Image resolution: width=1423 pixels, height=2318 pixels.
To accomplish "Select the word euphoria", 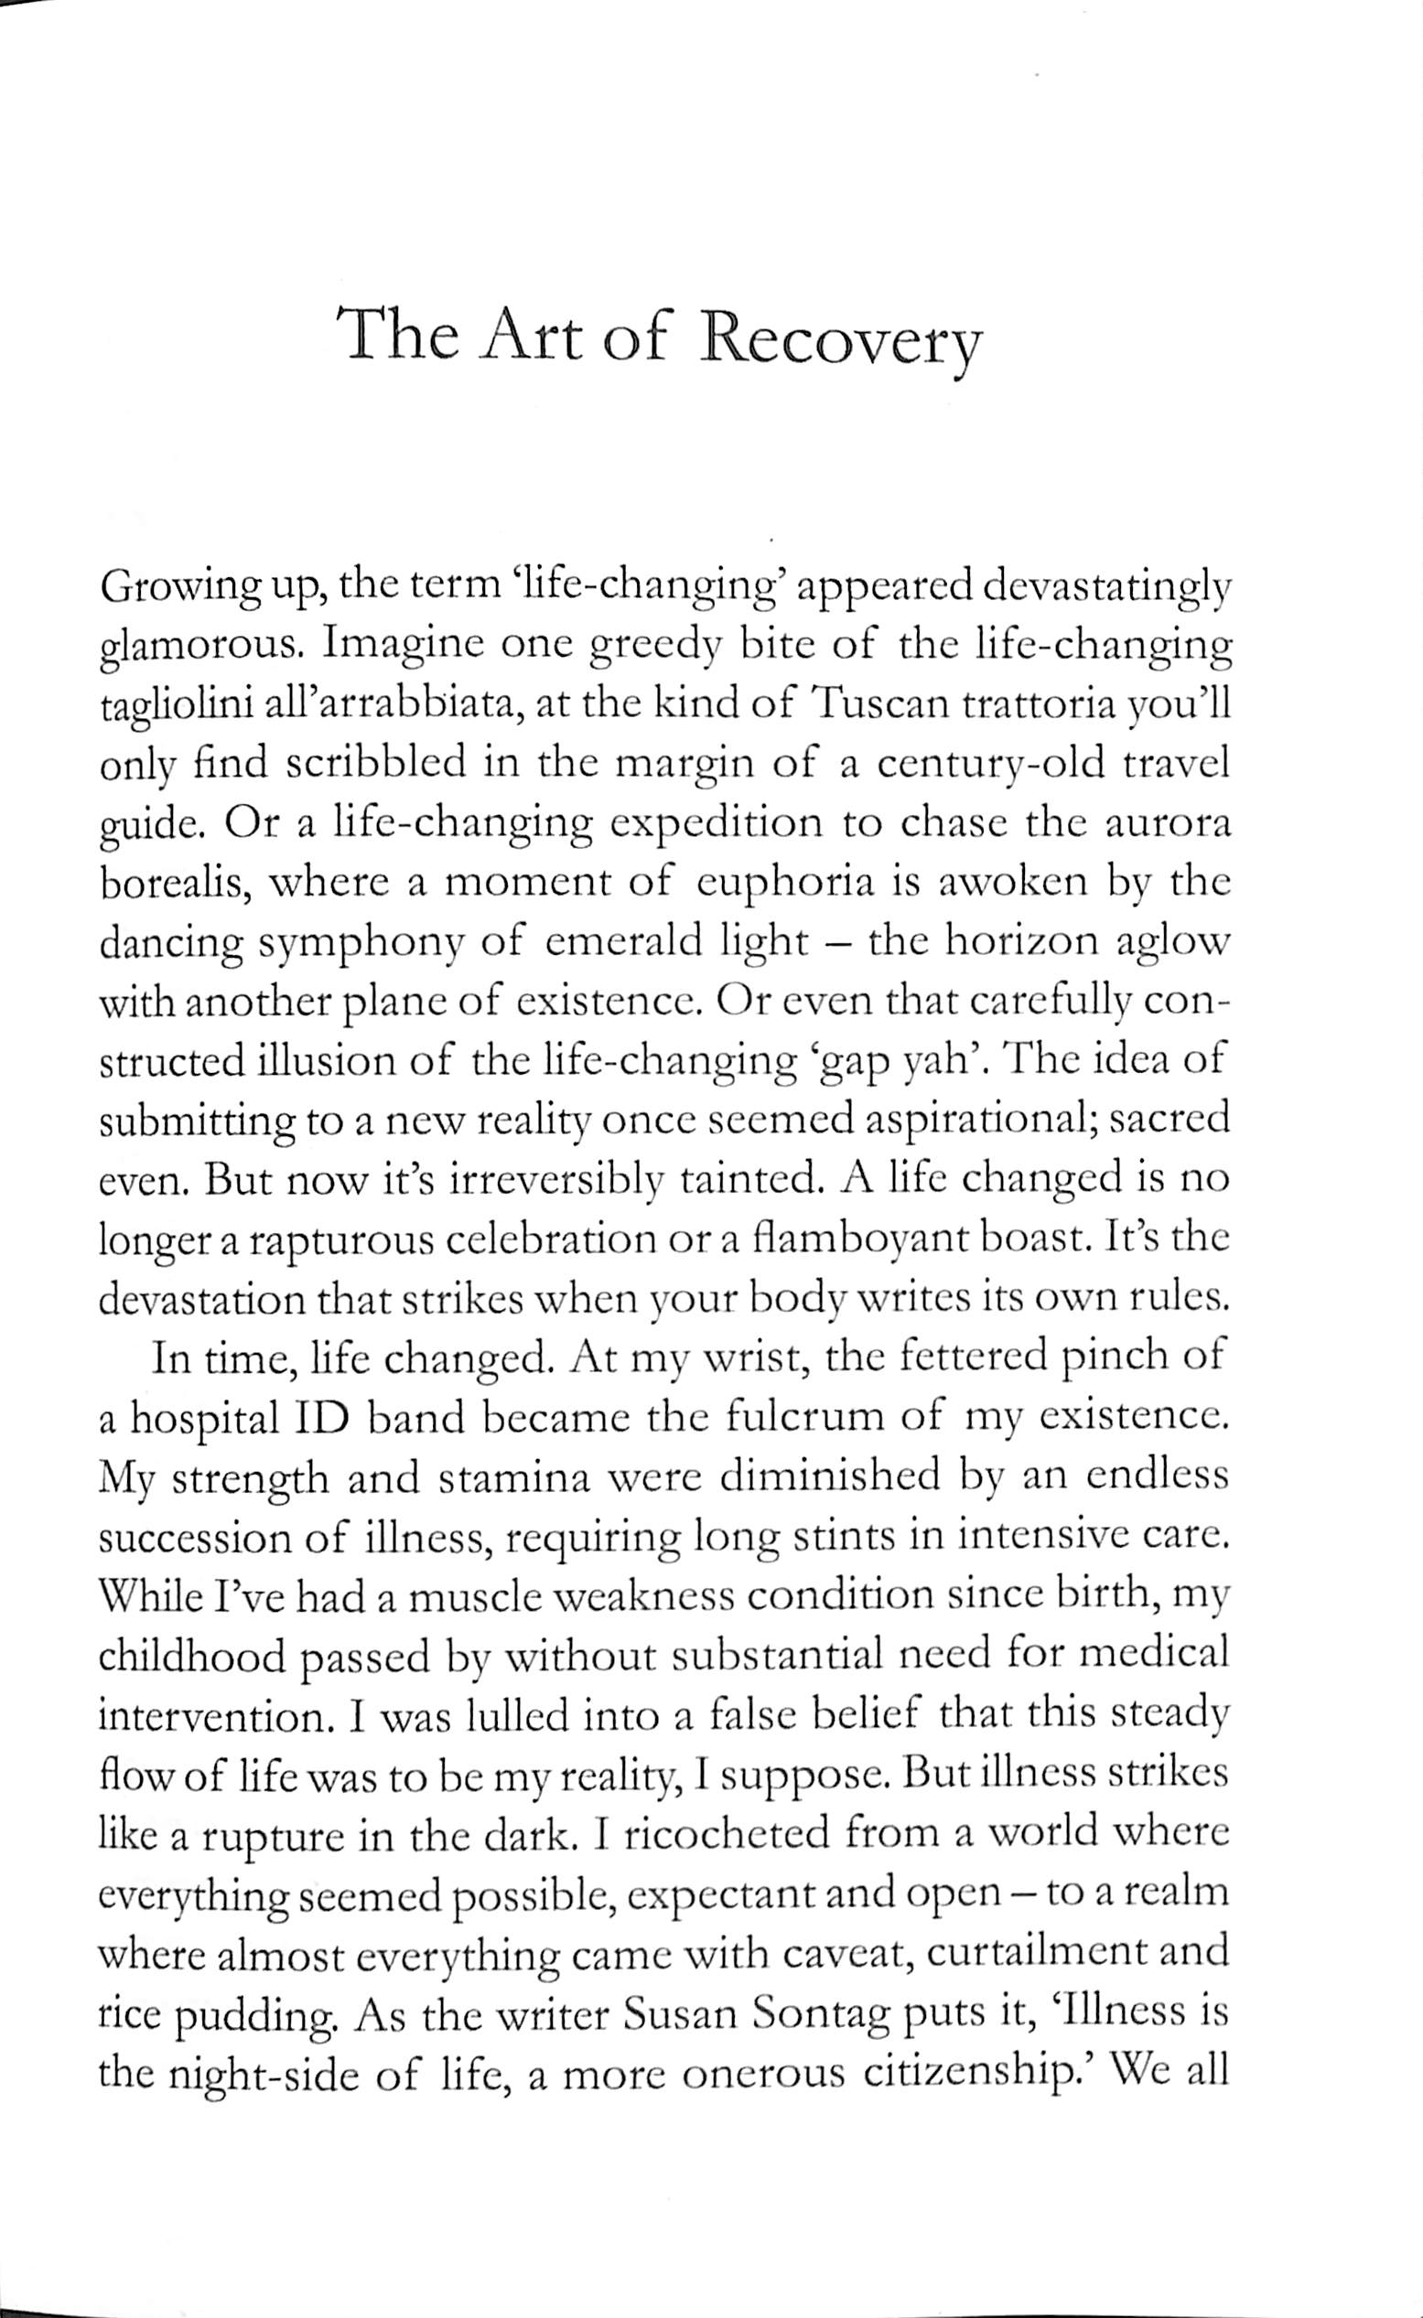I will click(784, 885).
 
